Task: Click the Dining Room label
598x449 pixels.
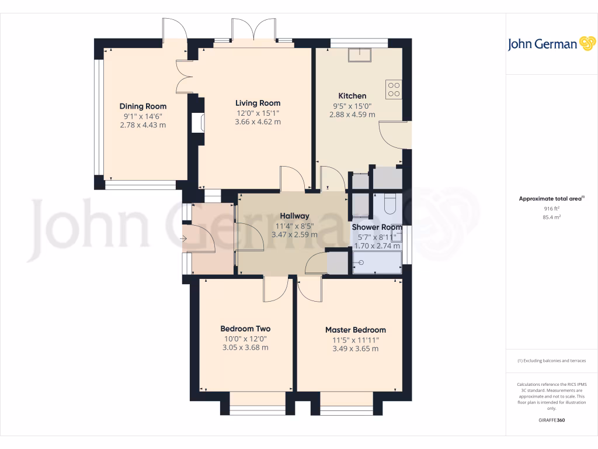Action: [x=143, y=106]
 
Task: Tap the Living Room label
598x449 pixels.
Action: [x=258, y=103]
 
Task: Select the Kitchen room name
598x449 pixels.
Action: [x=353, y=96]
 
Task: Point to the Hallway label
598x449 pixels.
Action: [x=294, y=216]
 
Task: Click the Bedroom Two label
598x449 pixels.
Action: [x=245, y=329]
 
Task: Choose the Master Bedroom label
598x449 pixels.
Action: [x=355, y=330]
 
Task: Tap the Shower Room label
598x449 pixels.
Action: [x=377, y=227]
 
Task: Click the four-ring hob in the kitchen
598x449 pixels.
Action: [x=394, y=89]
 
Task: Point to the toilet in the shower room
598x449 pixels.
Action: [x=390, y=205]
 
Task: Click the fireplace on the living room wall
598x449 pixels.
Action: [x=199, y=122]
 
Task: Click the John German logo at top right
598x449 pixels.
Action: [x=551, y=44]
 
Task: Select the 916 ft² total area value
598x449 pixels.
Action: [x=551, y=208]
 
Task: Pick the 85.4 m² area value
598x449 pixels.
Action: [x=551, y=217]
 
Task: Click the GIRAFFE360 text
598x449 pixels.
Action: [x=551, y=420]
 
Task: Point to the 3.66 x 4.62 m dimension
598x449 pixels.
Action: [x=258, y=122]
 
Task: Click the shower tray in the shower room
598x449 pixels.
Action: [x=377, y=264]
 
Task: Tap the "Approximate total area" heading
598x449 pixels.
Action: [x=551, y=199]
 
